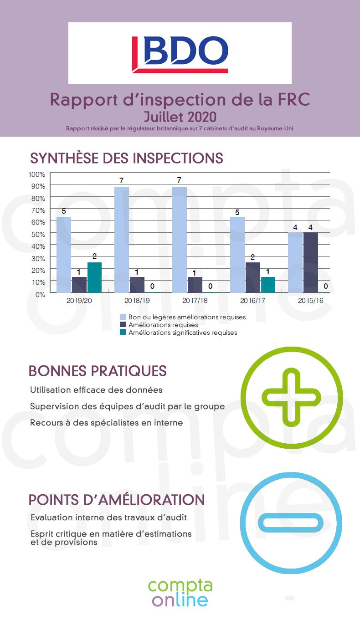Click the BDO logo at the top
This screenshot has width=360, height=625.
[180, 54]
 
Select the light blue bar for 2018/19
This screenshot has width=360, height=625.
[122, 240]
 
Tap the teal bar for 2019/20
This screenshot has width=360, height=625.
[94, 277]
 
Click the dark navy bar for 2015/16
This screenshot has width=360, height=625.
[311, 262]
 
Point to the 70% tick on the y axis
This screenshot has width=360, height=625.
[37, 210]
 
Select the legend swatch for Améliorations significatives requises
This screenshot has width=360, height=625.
[123, 333]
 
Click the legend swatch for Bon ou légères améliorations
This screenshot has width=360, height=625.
[123, 317]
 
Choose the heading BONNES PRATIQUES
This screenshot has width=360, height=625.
[98, 371]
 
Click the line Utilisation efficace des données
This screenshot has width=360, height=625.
[96, 390]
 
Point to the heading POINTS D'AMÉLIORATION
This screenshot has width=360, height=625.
[117, 499]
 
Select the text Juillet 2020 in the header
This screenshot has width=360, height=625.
[180, 117]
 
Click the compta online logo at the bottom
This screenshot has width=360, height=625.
[180, 593]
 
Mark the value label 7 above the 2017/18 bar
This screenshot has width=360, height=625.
[179, 180]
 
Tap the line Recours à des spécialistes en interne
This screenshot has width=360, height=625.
[106, 423]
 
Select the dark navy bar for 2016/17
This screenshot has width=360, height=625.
[253, 277]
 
